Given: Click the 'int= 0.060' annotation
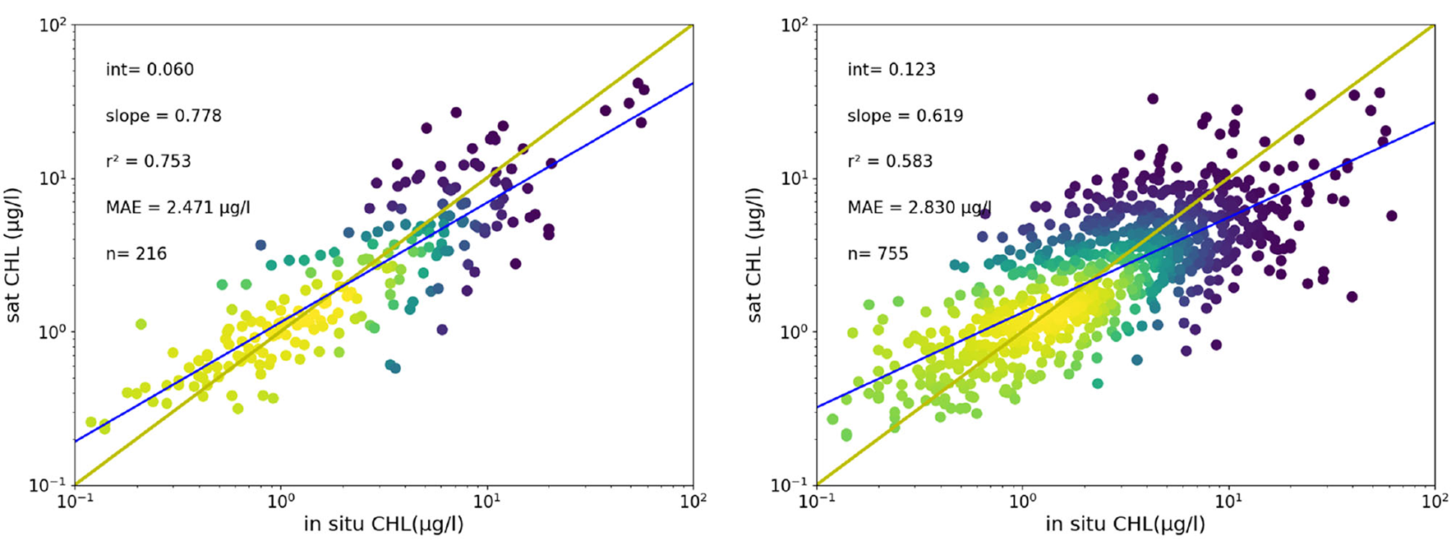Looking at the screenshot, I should point(150,70).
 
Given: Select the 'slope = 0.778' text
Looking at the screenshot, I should point(164,116).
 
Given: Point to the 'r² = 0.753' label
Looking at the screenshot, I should point(148,162).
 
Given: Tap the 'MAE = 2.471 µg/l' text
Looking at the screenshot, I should point(177,208).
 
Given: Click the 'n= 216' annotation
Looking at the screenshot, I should point(136,254).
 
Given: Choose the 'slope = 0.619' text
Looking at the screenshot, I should point(905,116).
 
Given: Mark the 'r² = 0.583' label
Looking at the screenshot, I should point(890,162).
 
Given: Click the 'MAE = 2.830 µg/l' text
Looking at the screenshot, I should point(919,208).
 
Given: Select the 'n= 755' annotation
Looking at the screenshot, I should point(878,254).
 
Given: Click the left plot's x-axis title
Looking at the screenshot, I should point(384,524).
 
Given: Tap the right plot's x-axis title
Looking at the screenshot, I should point(1126,524).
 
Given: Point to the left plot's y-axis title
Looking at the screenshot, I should point(16,255).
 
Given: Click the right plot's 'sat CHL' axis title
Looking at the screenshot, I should point(757,255).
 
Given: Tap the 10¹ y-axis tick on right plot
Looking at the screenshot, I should point(795,178).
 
